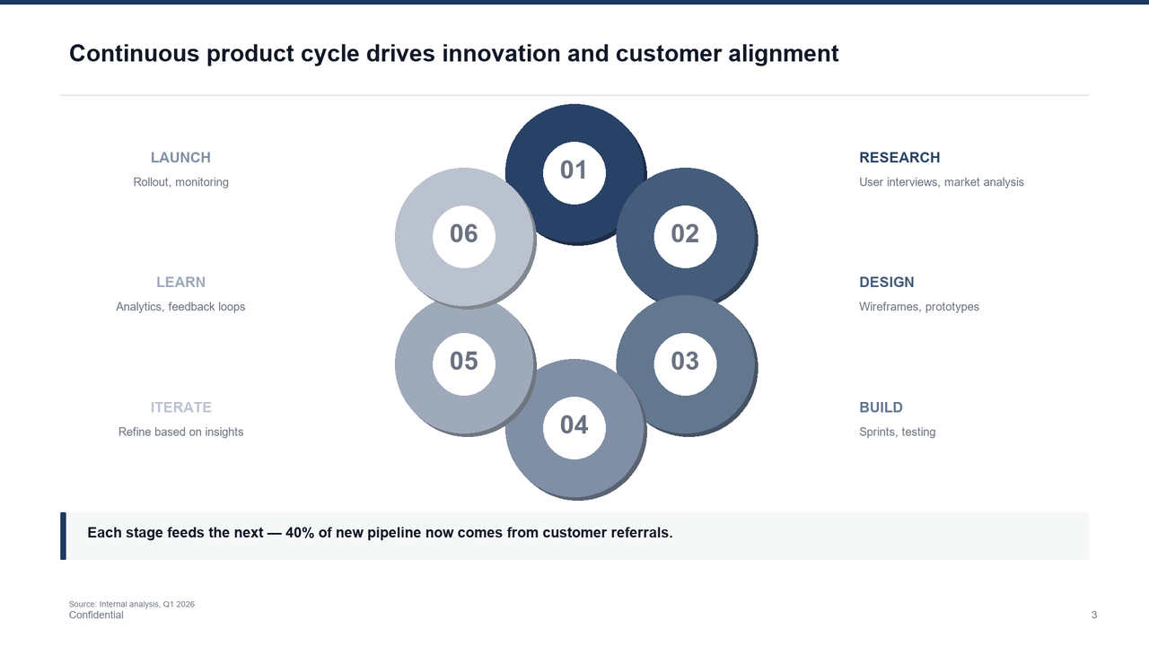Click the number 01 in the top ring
(574, 170)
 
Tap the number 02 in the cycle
(685, 234)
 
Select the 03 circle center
(685, 361)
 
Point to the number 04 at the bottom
(574, 425)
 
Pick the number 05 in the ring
(463, 361)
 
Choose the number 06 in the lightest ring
(463, 234)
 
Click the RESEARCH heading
(899, 158)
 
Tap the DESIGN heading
(886, 283)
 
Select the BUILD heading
(881, 407)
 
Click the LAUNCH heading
(180, 158)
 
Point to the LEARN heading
(180, 283)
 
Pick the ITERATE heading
(180, 407)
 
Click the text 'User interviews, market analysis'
(941, 182)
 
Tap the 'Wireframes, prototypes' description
(918, 307)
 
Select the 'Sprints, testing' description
(897, 432)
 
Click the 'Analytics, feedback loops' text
(180, 307)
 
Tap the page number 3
(1093, 615)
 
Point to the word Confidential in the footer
(96, 615)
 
